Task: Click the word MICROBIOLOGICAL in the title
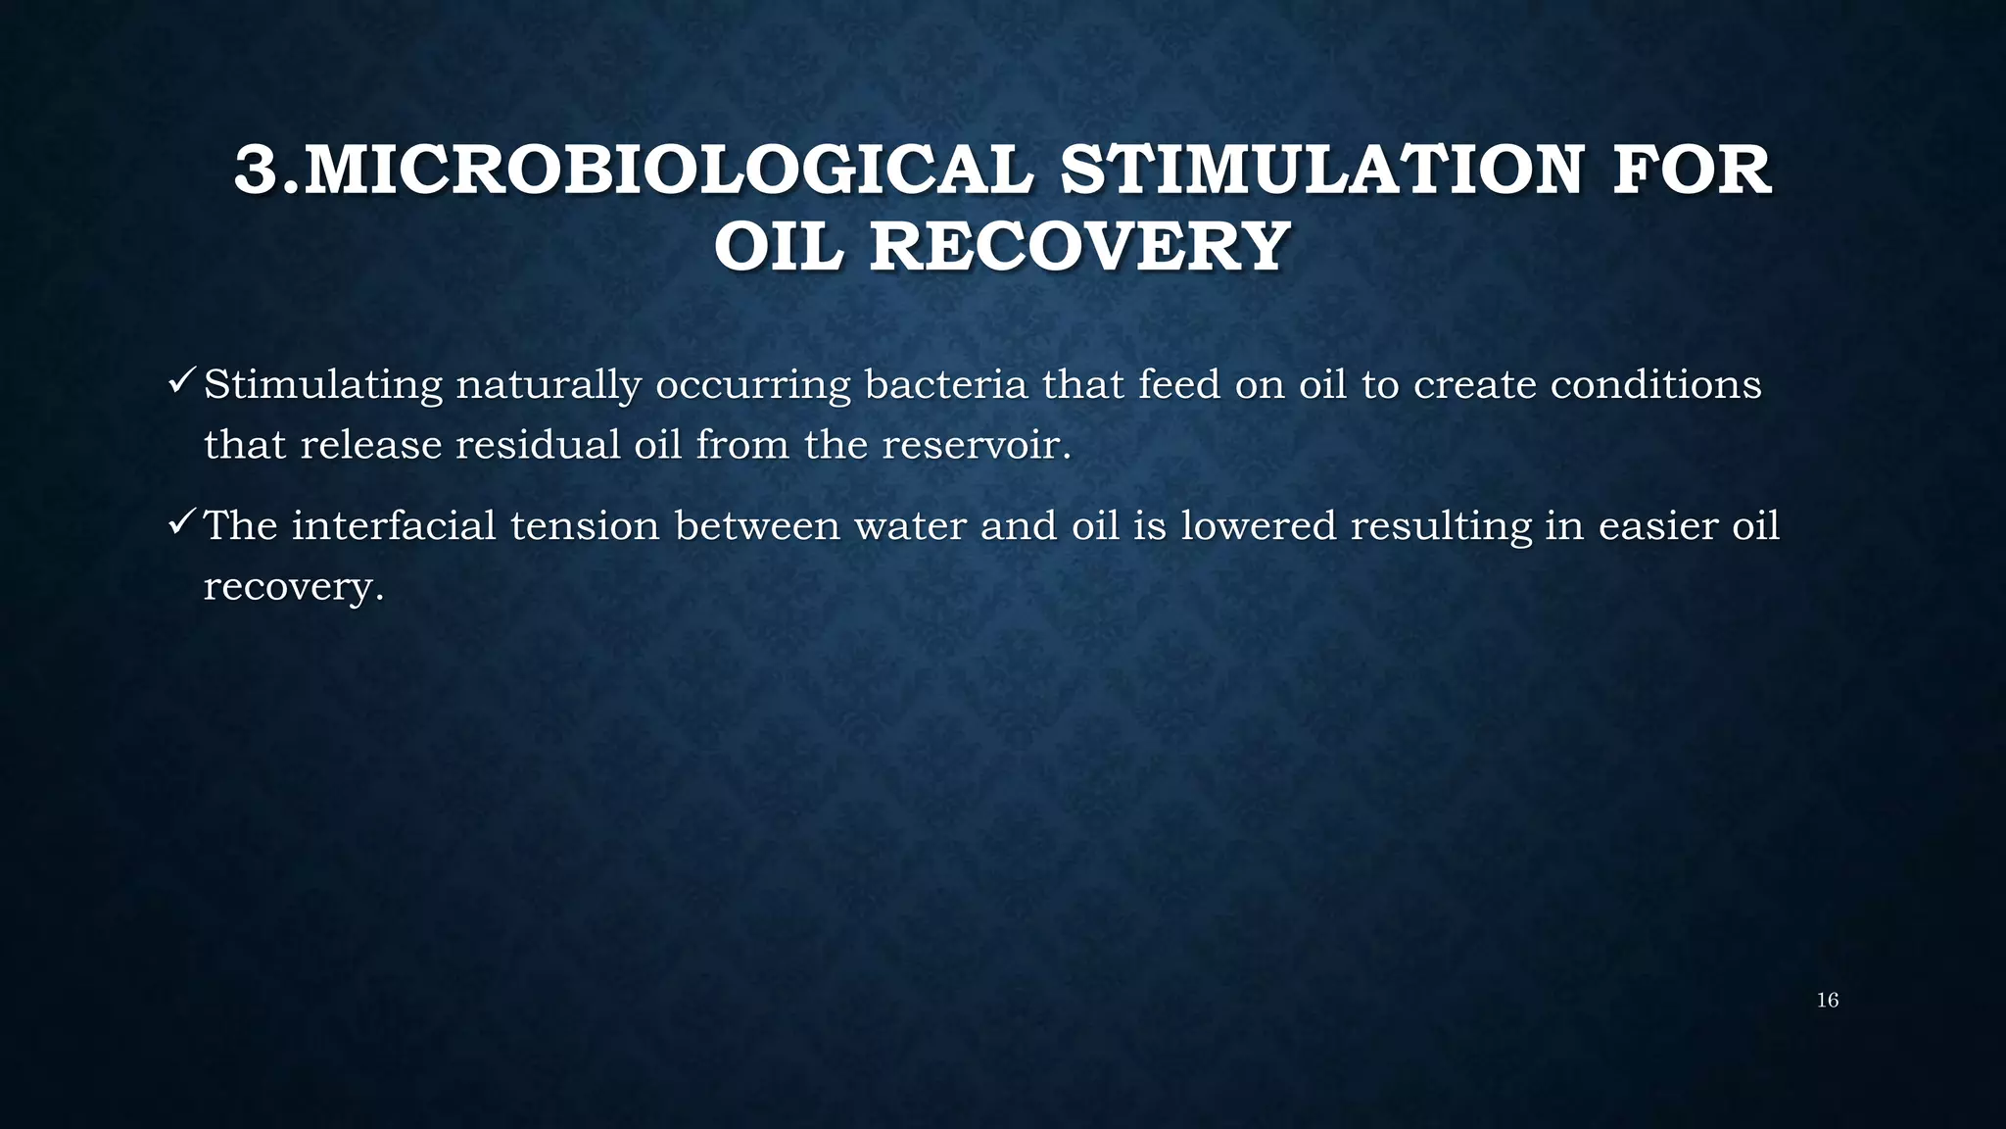(669, 170)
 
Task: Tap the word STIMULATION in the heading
(1322, 170)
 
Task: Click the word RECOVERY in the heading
(1078, 246)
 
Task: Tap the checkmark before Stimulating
(182, 380)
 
